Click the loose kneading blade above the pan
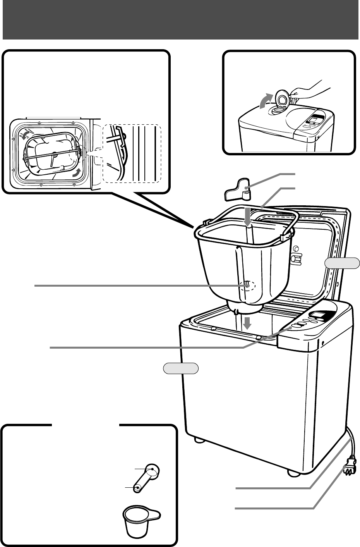pos(238,189)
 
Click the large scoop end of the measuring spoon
pos(153,471)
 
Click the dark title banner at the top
pos(180,19)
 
